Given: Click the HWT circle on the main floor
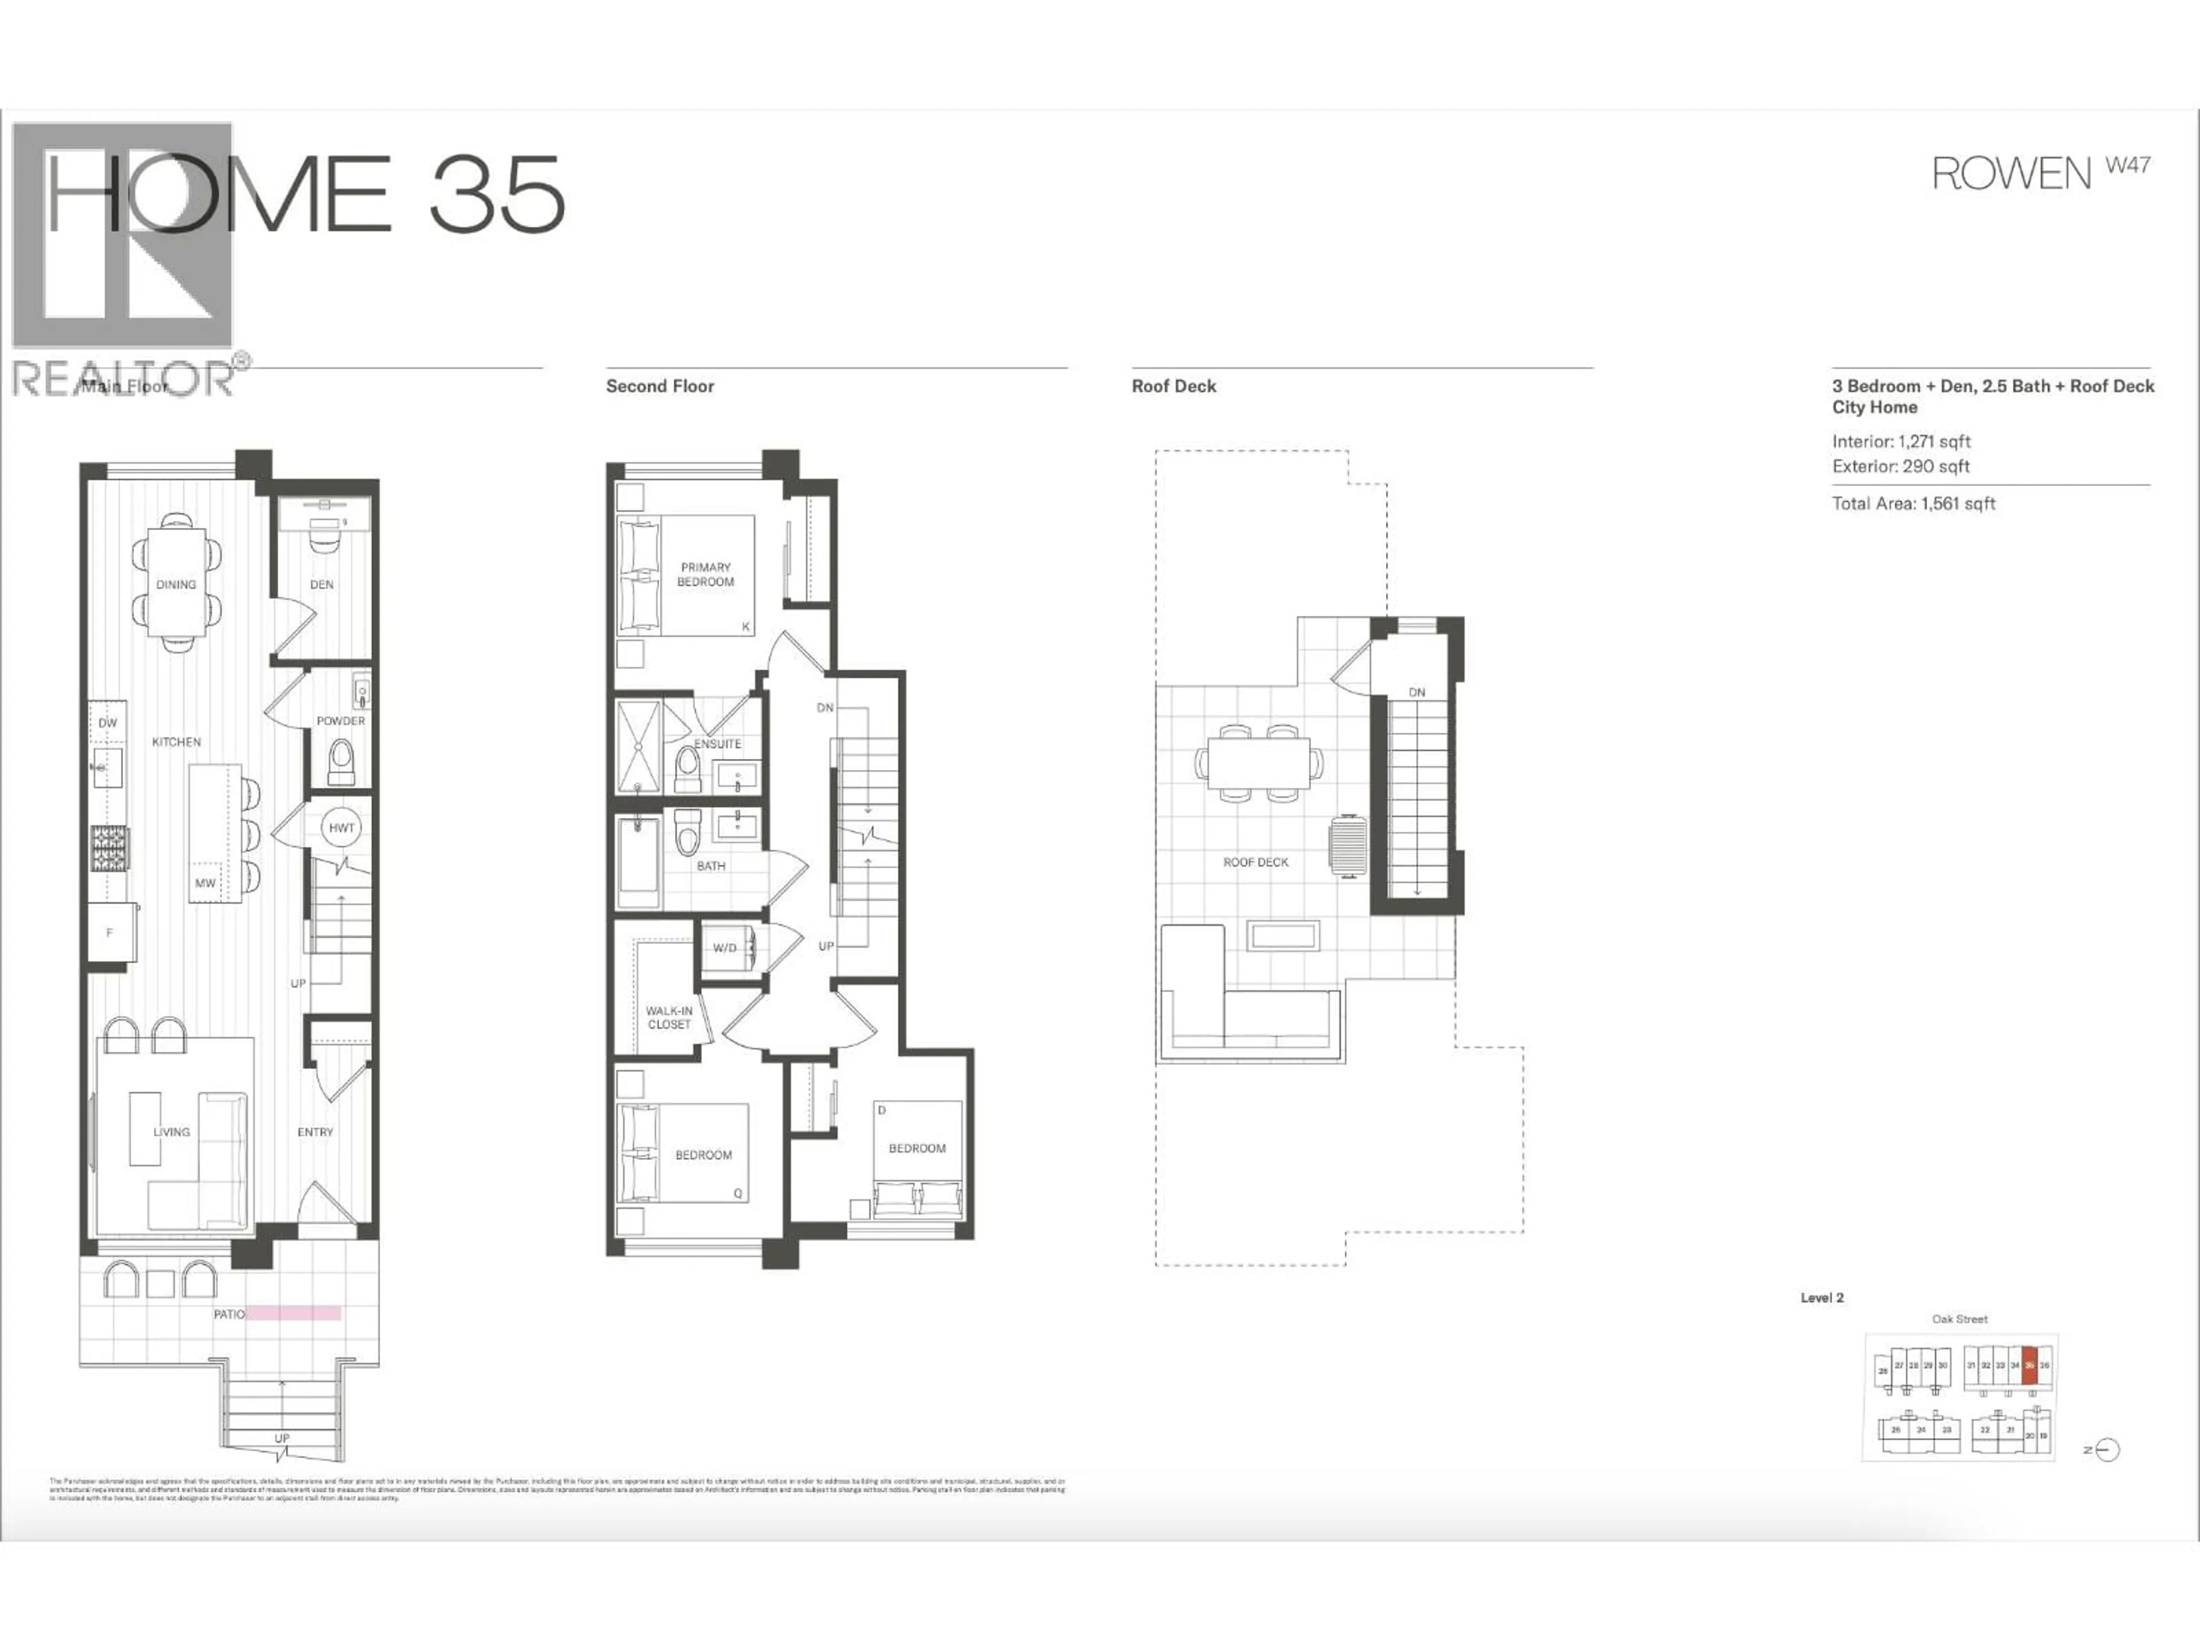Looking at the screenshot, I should tap(341, 827).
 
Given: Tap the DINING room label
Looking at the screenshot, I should tap(176, 585).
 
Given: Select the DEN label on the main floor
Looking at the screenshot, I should tap(321, 585).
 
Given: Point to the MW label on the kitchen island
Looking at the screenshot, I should tap(205, 883).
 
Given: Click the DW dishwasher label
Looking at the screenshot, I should tap(107, 723).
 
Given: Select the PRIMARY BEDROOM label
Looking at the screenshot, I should tap(705, 575).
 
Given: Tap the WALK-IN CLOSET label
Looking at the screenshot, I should tap(669, 1017).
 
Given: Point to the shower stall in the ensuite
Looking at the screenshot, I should tap(637, 746).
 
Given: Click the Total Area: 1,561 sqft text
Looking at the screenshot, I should tap(1914, 504).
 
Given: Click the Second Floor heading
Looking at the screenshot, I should tap(659, 387).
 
